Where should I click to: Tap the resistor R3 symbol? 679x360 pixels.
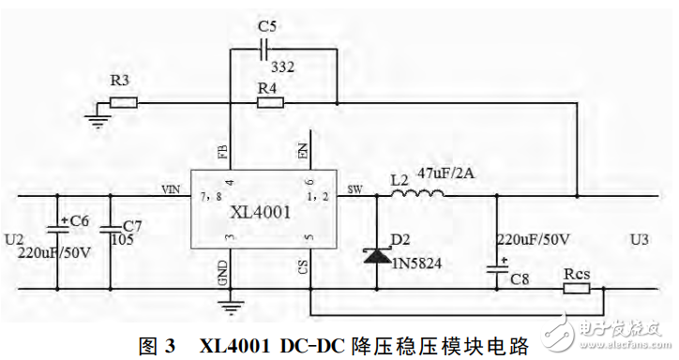click(123, 102)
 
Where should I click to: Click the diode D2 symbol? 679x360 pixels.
click(377, 254)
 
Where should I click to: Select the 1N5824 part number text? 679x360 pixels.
click(418, 263)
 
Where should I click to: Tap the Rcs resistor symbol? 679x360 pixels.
click(576, 290)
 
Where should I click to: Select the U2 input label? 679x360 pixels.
click(12, 240)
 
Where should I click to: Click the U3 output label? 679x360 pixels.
click(639, 241)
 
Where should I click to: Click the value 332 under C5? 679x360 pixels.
click(282, 68)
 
